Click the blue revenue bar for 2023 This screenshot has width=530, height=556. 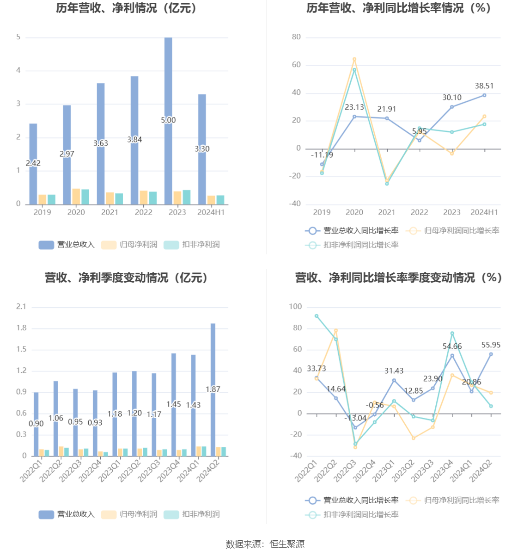tap(168, 120)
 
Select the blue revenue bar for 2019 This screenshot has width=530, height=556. tap(33, 164)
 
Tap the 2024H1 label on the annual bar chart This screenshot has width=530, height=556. tap(211, 212)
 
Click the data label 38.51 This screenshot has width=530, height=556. tap(484, 86)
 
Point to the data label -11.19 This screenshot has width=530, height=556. tap(322, 155)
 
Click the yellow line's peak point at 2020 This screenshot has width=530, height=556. tap(354, 59)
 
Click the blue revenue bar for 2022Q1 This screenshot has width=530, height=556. tap(36, 424)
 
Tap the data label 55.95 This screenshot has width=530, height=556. tap(491, 345)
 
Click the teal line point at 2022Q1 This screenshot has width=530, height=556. tap(317, 316)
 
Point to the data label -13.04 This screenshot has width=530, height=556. tap(355, 418)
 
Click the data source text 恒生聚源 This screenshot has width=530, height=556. tap(287, 544)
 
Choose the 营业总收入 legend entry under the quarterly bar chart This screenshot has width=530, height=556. tap(67, 514)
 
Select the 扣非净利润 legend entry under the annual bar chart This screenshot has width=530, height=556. tap(192, 245)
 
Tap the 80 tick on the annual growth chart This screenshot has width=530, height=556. tap(296, 37)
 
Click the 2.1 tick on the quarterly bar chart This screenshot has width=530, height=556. tap(21, 307)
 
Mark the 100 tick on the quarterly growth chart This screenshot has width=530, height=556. tap(295, 307)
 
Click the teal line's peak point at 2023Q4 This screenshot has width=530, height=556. tap(452, 334)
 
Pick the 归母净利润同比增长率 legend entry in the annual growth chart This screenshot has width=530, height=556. tap(453, 231)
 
